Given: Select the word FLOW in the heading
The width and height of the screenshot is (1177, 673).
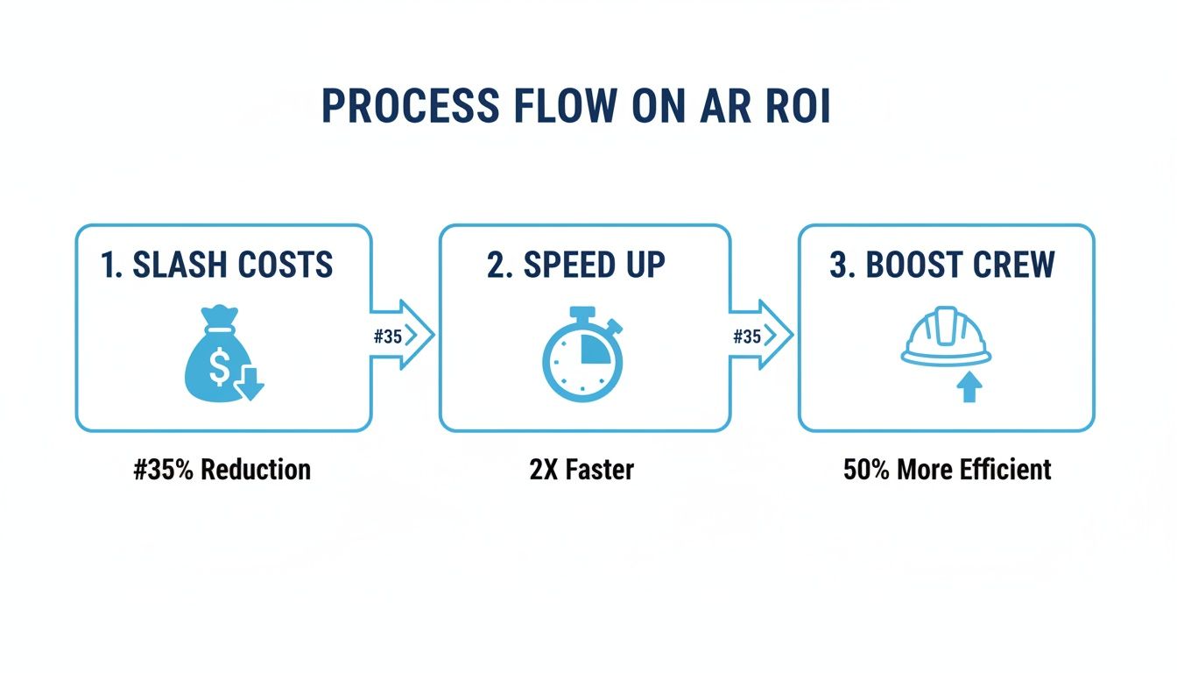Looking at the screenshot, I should click(x=560, y=105).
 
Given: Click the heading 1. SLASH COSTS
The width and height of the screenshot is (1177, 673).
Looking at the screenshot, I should click(x=217, y=265).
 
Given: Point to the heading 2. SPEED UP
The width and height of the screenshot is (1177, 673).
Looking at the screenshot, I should click(x=575, y=265).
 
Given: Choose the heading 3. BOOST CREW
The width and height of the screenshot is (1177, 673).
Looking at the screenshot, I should click(x=942, y=265).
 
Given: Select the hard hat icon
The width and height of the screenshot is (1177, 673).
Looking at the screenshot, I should click(x=946, y=337).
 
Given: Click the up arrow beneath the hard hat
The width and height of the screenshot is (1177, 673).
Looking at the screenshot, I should click(x=968, y=386).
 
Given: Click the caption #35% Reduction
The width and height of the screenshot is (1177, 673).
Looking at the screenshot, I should click(x=222, y=469).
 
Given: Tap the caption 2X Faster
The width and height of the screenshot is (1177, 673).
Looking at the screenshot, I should click(x=581, y=469).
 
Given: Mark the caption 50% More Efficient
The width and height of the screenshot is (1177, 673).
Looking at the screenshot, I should click(x=947, y=469).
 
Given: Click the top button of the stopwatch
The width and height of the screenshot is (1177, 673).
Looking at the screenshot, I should click(x=581, y=313).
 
